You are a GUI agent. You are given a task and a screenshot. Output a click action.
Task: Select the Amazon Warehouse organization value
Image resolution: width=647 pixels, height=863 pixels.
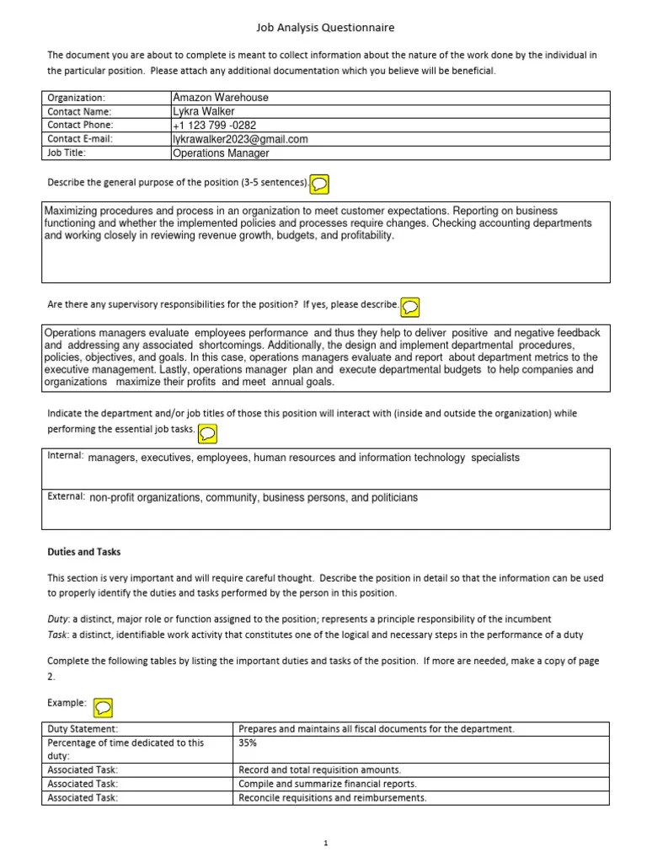[x=220, y=98]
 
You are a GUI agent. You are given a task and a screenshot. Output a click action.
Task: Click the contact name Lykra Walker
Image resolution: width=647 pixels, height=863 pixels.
[x=203, y=111]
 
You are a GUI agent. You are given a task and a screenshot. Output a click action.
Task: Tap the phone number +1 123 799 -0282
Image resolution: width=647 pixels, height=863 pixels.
[x=214, y=126]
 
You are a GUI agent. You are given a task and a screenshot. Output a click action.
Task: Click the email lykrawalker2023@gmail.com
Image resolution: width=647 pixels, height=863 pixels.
[x=240, y=139]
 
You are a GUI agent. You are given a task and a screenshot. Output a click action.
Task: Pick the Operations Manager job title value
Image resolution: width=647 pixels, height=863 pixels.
[x=221, y=153]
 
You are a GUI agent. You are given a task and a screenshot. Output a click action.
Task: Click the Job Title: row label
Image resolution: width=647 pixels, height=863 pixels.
[x=67, y=153]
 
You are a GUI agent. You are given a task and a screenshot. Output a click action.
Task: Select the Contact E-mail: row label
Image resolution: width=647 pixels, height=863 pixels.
[x=79, y=139]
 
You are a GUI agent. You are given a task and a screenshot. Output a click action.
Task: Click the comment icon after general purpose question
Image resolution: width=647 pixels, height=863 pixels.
[x=320, y=183]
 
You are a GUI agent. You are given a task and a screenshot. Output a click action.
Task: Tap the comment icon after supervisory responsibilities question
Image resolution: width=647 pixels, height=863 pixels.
[x=410, y=305]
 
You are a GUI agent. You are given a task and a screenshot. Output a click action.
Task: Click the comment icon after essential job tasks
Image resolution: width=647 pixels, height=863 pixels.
[x=207, y=433]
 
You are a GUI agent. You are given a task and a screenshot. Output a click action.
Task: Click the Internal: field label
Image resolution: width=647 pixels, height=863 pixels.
[x=65, y=457]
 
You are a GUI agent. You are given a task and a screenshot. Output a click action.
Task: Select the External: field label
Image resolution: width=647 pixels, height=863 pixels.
[x=66, y=497]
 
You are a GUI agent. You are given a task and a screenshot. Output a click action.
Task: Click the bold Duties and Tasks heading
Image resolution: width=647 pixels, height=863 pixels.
[x=83, y=552]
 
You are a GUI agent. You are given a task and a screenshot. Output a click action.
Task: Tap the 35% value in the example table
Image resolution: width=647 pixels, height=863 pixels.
[x=249, y=743]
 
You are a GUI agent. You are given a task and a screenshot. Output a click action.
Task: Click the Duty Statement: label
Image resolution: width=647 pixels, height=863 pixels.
[x=83, y=729]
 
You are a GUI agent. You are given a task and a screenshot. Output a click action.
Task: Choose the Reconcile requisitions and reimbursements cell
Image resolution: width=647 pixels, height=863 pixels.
[x=333, y=797]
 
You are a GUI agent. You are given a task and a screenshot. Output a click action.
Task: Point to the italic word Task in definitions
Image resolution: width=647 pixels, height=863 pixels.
[x=56, y=635]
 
